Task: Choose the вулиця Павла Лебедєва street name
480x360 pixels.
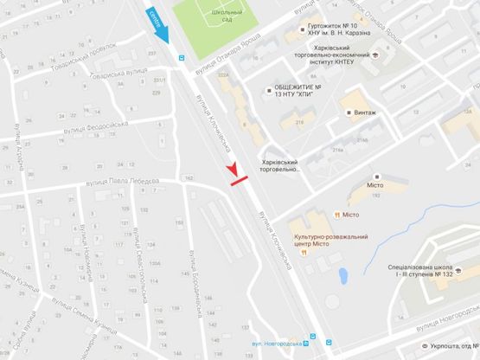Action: pyautogui.click(x=121, y=180)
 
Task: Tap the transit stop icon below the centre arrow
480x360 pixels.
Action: pyautogui.click(x=181, y=58)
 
